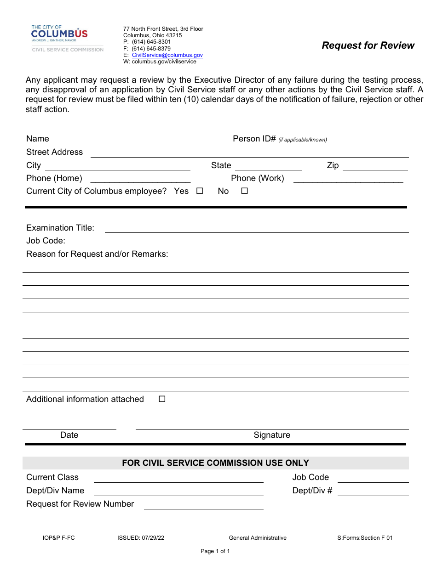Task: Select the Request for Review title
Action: pos(368,45)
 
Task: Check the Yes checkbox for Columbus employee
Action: pos(200,191)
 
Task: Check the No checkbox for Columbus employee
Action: pos(245,191)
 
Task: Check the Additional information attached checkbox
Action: pos(162,399)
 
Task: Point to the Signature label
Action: pos(272,435)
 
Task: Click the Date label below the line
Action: pos(69,435)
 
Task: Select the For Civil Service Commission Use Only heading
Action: pos(215,463)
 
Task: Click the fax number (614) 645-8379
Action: pos(151,49)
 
